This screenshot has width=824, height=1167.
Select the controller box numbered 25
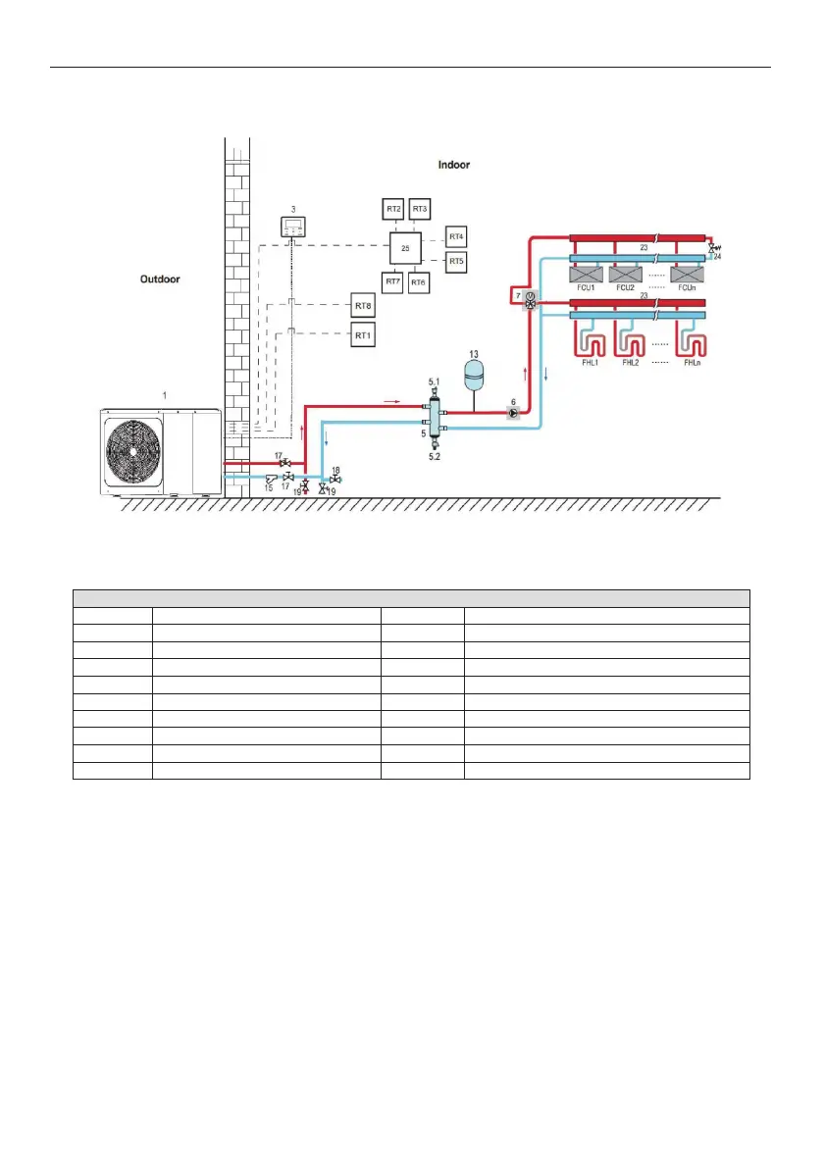tap(405, 249)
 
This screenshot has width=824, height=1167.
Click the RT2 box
tap(393, 209)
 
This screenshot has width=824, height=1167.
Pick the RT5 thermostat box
tap(456, 262)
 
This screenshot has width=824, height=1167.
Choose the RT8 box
tap(364, 307)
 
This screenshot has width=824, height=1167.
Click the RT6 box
tap(419, 282)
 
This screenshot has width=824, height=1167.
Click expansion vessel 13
tap(475, 372)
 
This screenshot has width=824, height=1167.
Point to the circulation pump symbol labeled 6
tap(512, 413)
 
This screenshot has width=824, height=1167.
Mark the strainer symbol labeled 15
tap(272, 478)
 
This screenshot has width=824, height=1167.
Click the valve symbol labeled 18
tap(335, 479)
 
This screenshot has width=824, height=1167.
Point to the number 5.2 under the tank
tap(435, 456)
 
